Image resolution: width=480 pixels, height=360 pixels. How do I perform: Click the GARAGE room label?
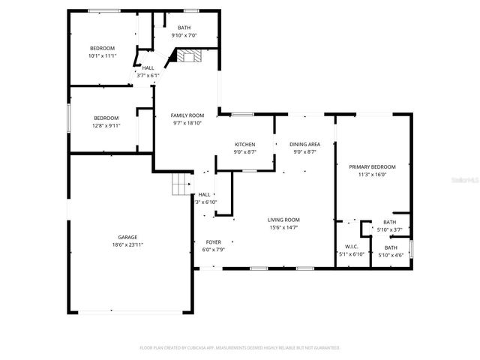127,237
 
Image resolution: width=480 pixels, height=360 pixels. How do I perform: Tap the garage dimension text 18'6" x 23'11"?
127,244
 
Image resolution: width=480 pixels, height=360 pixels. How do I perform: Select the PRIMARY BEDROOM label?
372,166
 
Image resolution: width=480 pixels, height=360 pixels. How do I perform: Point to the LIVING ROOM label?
283,220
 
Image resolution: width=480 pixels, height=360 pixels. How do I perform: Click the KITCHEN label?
245,144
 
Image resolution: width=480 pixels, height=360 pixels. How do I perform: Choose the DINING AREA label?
304,144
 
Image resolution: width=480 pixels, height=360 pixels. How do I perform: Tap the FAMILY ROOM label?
187,115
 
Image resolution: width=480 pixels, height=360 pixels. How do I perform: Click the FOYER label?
212,241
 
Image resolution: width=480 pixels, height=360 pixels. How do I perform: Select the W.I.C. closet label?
352,247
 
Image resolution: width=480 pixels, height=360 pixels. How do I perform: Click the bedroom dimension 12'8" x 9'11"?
106,125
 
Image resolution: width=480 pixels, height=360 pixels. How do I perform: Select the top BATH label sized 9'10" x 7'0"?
184,28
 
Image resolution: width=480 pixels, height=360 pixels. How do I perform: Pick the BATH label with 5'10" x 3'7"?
390,222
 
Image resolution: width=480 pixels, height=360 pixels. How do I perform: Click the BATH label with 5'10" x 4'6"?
391,247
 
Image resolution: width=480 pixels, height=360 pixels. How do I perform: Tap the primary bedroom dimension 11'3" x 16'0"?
372,175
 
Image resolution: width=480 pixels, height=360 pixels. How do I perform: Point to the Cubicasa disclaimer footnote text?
240,348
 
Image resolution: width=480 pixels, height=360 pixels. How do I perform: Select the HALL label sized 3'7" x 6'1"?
148,67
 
